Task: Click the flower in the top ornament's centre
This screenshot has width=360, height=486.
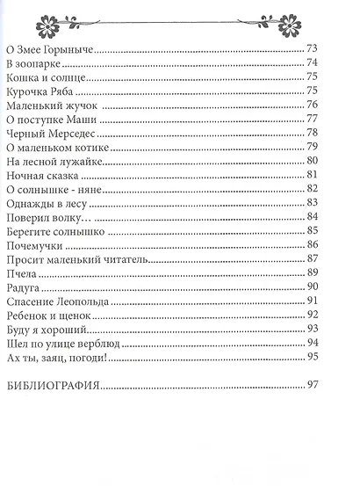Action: click(179, 16)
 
